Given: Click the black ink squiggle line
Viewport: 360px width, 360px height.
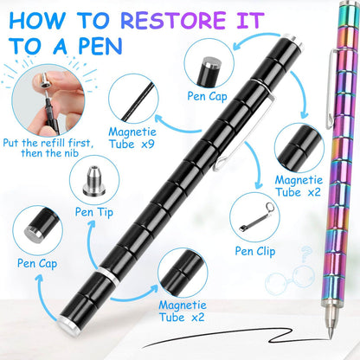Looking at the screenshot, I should tap(286, 336).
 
